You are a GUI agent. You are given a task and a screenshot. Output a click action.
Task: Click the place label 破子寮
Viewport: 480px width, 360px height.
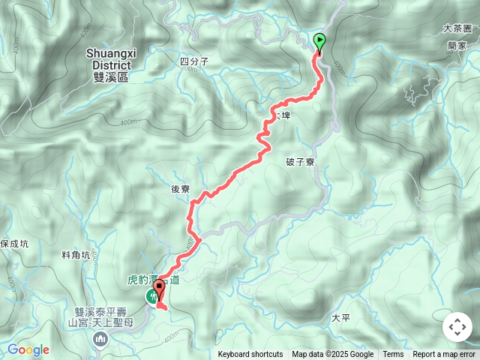coord(299,162)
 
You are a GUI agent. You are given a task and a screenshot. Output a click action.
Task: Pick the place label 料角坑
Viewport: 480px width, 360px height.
coord(76,255)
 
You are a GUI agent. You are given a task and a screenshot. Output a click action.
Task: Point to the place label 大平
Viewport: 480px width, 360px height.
coord(340,318)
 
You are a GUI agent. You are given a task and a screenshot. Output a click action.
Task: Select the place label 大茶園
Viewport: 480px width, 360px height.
coord(457,28)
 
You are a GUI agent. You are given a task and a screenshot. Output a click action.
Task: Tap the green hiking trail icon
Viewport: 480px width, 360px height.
coord(152,298)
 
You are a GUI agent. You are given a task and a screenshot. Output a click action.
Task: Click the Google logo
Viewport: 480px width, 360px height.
coord(28,349)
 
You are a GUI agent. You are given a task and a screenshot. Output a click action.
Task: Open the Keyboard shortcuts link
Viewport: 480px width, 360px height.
coord(250,355)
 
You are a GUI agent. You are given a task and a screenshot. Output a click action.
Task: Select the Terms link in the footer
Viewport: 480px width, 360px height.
coord(393,355)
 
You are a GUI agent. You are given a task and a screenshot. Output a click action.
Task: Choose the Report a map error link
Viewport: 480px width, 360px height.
coord(444,355)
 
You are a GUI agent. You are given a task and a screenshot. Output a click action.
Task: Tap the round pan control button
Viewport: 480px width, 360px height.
coord(457,327)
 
